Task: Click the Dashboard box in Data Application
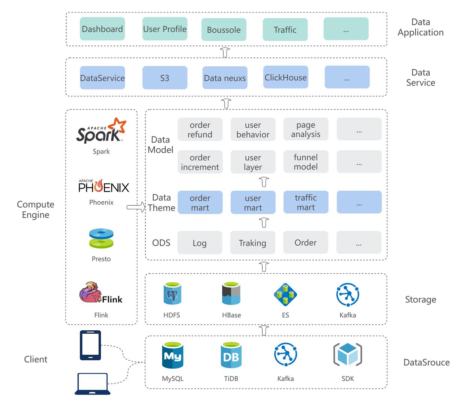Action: (x=102, y=29)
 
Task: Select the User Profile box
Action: (x=165, y=29)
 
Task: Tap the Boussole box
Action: (x=224, y=30)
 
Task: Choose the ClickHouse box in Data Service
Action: (x=286, y=77)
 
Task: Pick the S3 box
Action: (x=165, y=78)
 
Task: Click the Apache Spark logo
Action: (x=101, y=131)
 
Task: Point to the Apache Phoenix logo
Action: (x=104, y=186)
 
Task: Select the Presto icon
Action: (x=101, y=239)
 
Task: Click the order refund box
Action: (x=200, y=129)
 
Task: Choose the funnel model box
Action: (x=306, y=162)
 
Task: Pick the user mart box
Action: (x=253, y=203)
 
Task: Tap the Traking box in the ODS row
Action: (x=253, y=243)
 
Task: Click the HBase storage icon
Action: (x=231, y=294)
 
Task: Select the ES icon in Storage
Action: (x=285, y=294)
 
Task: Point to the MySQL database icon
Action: (x=173, y=355)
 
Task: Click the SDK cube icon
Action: (x=347, y=355)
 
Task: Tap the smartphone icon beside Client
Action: (x=90, y=345)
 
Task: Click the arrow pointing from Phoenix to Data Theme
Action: (x=136, y=207)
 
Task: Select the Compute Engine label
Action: (x=36, y=209)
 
